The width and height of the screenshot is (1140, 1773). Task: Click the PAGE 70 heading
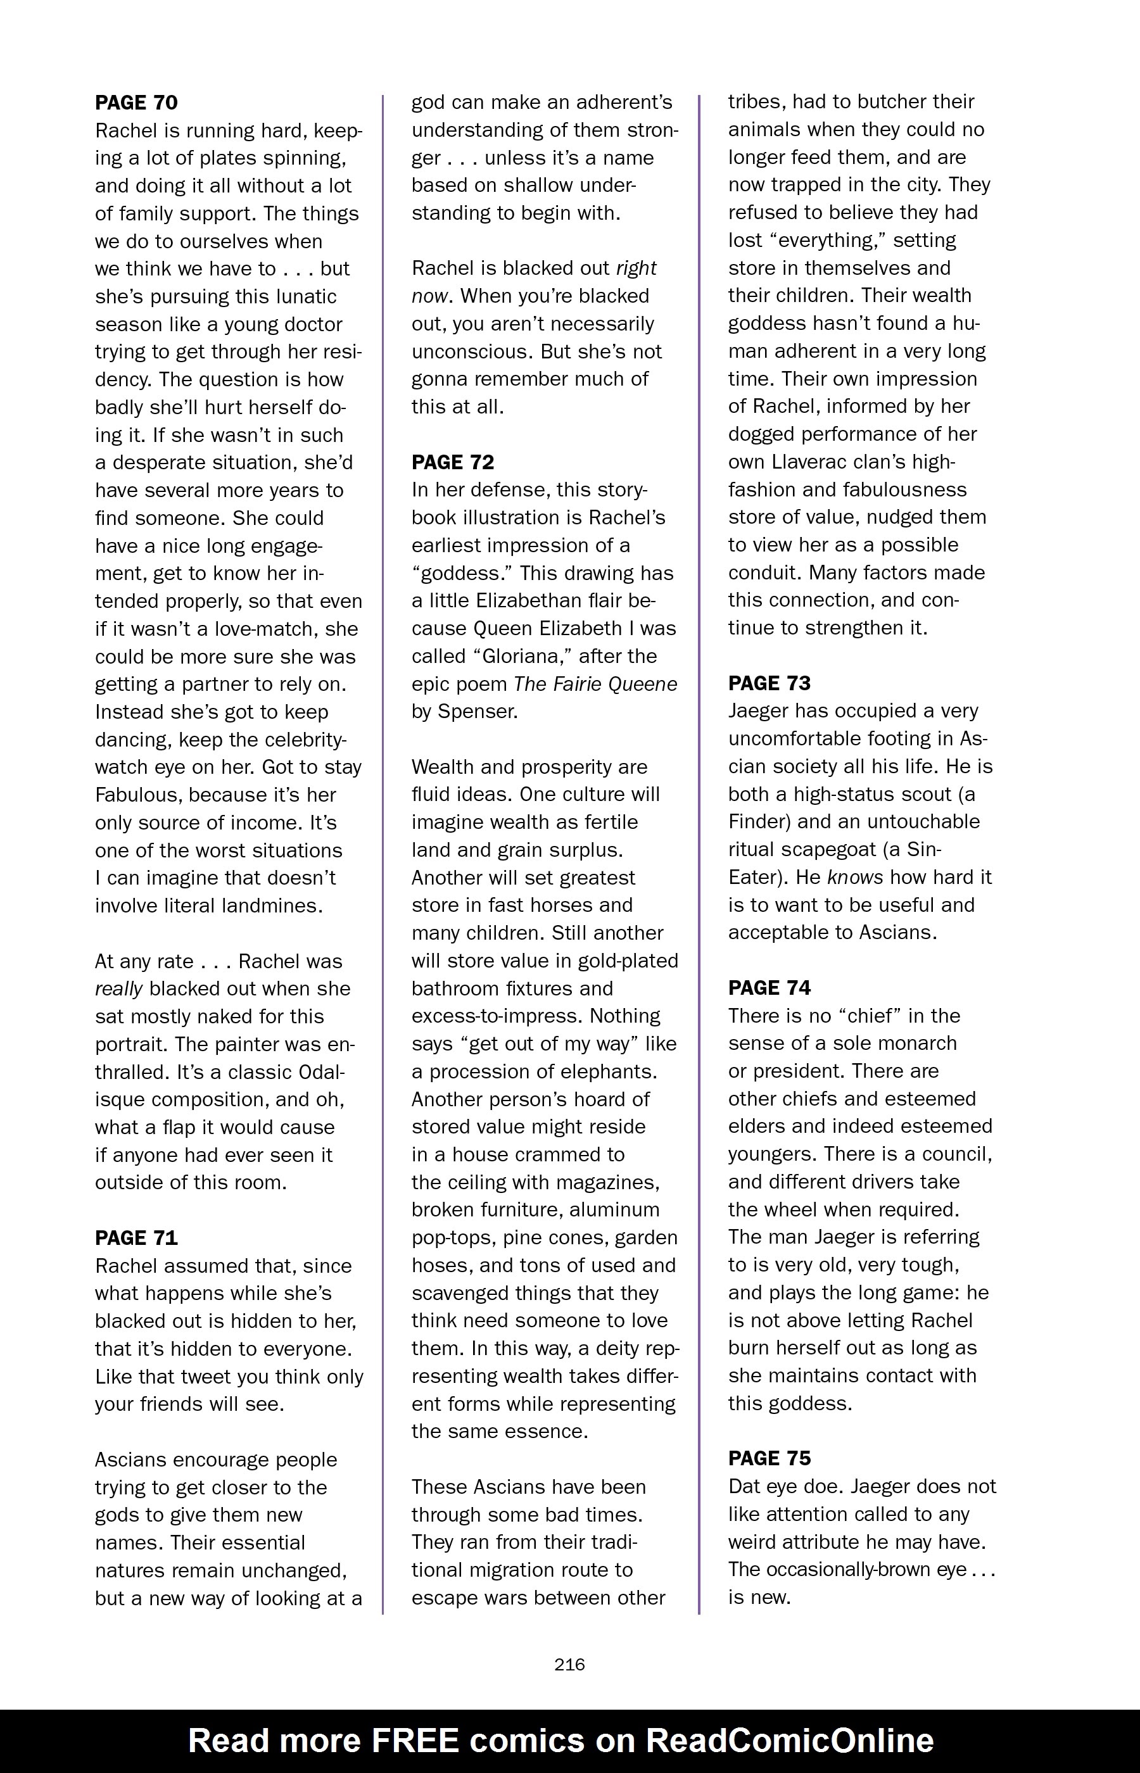[x=136, y=102]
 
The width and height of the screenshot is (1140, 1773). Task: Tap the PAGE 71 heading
[x=136, y=1238]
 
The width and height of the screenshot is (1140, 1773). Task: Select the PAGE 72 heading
[x=452, y=462]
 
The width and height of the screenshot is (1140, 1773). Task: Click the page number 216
[x=569, y=1664]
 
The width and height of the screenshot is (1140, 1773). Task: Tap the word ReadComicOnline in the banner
[x=789, y=1741]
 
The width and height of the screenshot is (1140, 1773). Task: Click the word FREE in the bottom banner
[x=415, y=1741]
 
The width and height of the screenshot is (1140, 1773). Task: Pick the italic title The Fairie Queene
[x=595, y=684]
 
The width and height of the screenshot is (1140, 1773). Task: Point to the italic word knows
[x=855, y=877]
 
